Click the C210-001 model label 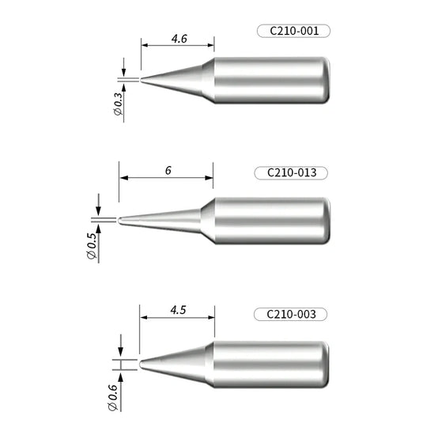pyautogui.click(x=292, y=32)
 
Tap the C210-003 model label pyautogui.click(x=291, y=315)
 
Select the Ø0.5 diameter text pyautogui.click(x=93, y=244)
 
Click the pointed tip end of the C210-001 pyautogui.click(x=143, y=79)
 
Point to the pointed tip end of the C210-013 pyautogui.click(x=120, y=220)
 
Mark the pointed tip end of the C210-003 pyautogui.click(x=142, y=364)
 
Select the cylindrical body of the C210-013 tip pyautogui.click(x=265, y=221)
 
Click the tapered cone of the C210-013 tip pyautogui.click(x=166, y=219)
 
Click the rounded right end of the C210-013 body pyautogui.click(x=323, y=221)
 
